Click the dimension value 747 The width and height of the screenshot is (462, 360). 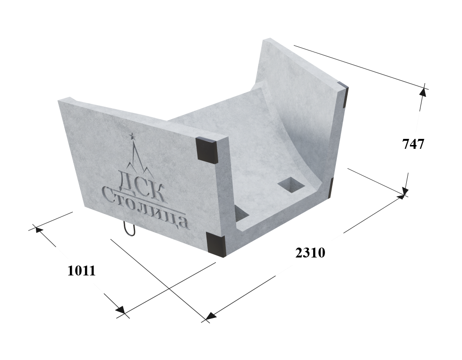pos(413,145)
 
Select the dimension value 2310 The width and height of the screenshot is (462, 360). pos(310,253)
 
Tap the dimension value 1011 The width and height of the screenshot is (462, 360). pos(82,271)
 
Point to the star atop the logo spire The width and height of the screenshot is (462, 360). pos(132,136)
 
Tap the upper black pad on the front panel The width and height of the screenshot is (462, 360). pos(208,150)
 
